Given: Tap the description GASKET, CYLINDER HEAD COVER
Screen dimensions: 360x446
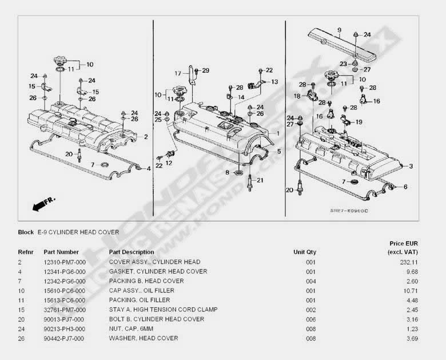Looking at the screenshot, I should click(158, 271).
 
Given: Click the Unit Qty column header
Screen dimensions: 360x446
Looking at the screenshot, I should click(304, 252).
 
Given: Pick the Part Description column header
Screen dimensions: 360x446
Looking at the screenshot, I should click(132, 252).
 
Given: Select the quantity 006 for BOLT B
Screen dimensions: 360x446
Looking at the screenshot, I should click(310, 319).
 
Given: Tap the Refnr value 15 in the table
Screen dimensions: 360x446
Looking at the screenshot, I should click(21, 310).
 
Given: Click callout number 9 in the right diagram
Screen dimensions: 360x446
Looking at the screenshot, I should click(339, 30).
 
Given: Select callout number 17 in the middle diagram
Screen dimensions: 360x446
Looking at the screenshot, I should click(178, 73).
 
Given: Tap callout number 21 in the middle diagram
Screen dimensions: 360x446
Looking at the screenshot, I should click(260, 181).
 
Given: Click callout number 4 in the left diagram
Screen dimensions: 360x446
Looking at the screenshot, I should click(149, 168).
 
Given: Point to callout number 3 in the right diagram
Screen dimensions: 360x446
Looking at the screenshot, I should click(411, 167).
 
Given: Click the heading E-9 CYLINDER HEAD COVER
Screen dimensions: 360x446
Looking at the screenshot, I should click(78, 232).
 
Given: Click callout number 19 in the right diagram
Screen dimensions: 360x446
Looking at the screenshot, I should click(359, 122).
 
